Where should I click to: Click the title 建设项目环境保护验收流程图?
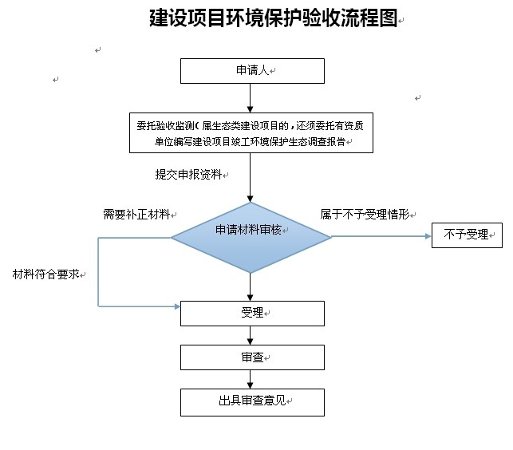coord(272,18)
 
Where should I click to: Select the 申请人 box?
coord(252,72)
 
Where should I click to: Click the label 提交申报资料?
coord(189,174)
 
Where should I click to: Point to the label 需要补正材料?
coord(136,215)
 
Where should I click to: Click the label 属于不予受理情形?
coord(365,215)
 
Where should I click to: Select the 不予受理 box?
coord(467,235)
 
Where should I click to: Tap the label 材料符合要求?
coord(45,274)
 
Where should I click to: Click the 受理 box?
coord(252,313)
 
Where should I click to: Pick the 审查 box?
coord(252,357)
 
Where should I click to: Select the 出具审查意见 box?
coord(252,401)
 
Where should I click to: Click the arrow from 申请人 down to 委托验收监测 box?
coord(252,97)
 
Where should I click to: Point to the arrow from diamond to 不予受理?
coord(381,236)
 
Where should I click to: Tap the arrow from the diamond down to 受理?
coord(251,286)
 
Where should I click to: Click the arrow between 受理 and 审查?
coord(252,335)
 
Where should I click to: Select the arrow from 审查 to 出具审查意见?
coord(252,379)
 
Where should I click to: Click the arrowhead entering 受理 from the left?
coord(176,306)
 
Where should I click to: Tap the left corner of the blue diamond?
coord(173,237)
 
